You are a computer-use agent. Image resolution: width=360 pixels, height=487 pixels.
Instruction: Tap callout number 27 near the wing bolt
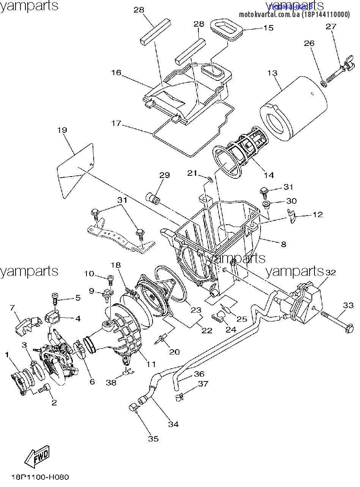pos(331,27)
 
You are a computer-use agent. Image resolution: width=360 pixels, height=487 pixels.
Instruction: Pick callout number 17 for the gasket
pos(116,123)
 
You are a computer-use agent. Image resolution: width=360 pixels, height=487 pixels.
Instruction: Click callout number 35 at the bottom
pos(153,439)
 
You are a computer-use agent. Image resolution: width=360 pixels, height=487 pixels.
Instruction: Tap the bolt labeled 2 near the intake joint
pos(46,388)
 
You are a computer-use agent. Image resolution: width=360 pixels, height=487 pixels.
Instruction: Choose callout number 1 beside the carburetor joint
pos(6,355)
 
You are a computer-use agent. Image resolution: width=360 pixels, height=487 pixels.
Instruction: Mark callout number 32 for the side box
pos(330,272)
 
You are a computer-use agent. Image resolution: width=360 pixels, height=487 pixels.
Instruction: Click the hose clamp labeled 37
pos(180,397)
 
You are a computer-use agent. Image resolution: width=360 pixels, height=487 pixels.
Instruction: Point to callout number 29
pos(164,175)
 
